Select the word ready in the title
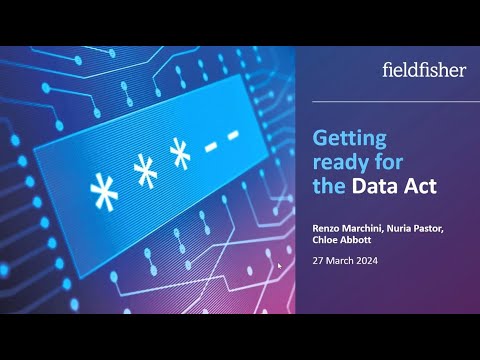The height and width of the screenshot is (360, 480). point(340,161)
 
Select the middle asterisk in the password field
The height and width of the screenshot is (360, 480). point(145,174)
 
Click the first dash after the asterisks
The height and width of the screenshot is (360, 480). point(211,145)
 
